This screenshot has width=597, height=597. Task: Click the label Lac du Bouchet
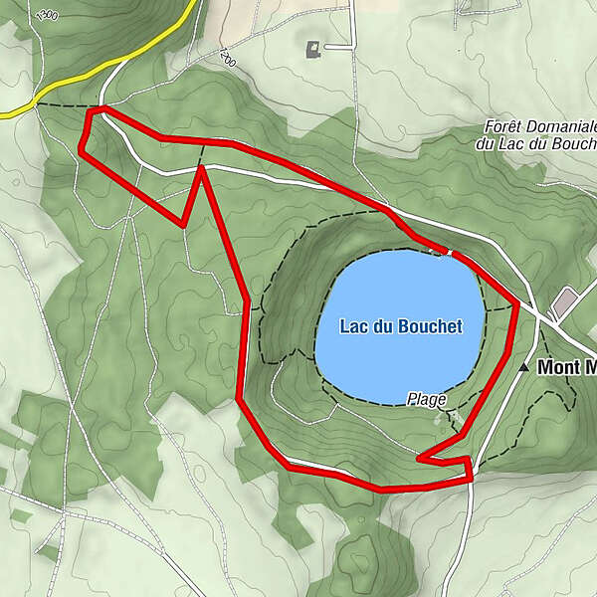click(x=401, y=326)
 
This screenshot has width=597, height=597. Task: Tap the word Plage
click(x=427, y=398)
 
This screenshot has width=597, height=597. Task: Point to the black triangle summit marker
click(x=524, y=367)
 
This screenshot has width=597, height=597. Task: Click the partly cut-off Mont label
click(x=566, y=367)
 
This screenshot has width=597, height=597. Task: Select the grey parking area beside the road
click(x=565, y=301)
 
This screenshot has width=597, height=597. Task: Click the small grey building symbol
click(x=314, y=47)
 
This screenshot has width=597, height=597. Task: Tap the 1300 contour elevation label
click(x=45, y=16)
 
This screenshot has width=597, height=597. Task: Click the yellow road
click(x=70, y=90)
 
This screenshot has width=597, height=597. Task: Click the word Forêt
click(x=503, y=126)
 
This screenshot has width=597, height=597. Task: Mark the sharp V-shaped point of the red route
click(x=185, y=224)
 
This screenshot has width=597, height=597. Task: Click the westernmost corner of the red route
click(x=81, y=150)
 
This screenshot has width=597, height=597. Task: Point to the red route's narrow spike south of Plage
click(x=421, y=459)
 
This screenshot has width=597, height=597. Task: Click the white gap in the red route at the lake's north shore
click(x=450, y=253)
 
